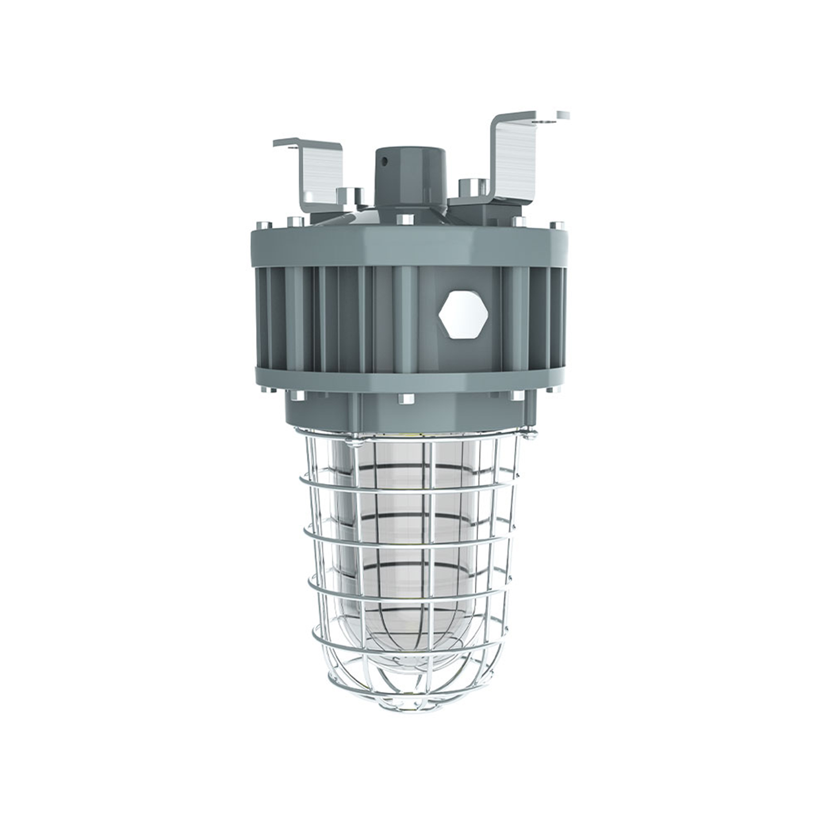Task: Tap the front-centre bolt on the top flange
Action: (405, 220)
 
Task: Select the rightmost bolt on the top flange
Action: (556, 225)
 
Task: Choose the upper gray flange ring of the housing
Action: (407, 247)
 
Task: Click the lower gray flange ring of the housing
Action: (407, 379)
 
